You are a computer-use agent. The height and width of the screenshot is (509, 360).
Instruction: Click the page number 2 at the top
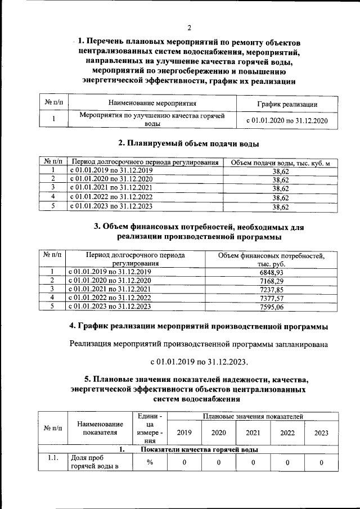tap(190, 28)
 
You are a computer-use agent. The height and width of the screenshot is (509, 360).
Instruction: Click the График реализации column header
tap(287, 104)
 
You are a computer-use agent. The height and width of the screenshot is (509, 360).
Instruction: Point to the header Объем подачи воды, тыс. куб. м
tap(280, 163)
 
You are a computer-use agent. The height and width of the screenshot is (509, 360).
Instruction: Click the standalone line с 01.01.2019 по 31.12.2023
tap(199, 361)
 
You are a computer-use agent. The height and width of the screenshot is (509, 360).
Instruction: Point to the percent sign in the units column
tap(150, 462)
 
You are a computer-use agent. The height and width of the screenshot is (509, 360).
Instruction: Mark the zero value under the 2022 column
tap(287, 462)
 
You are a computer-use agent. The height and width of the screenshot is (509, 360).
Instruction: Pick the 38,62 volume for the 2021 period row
tap(280, 189)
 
